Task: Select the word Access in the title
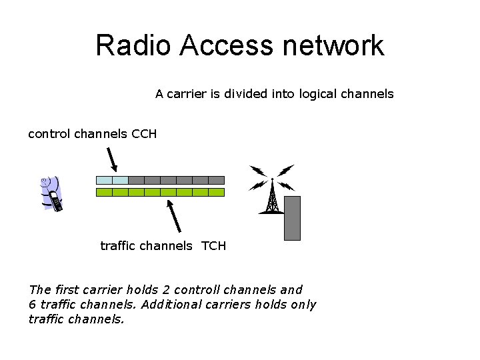pos(227,45)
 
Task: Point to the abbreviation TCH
pos(214,246)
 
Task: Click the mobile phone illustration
pos(51,193)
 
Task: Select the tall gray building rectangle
pos(292,217)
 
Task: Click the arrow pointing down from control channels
pos(112,159)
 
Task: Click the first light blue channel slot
pos(104,180)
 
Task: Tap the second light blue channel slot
pos(120,180)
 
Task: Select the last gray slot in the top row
pos(217,180)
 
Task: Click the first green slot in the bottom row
pos(104,192)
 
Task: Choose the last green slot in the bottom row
pos(217,192)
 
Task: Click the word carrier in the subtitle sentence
pos(186,94)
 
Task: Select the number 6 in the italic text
pos(32,305)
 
